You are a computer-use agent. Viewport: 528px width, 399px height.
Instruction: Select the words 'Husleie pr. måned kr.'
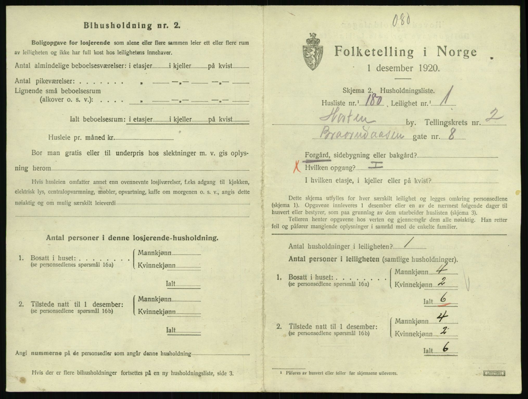point(81,138)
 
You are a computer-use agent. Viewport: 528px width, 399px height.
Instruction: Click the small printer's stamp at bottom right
point(494,374)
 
